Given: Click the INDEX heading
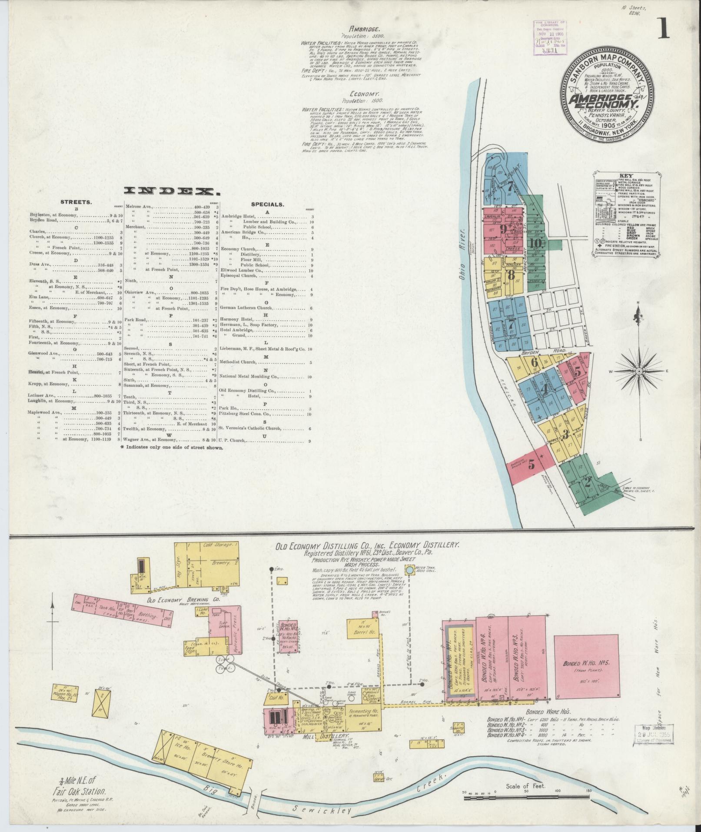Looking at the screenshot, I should tap(171, 191).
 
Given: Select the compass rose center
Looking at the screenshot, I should tap(639, 371).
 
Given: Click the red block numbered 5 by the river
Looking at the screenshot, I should tap(531, 464).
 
